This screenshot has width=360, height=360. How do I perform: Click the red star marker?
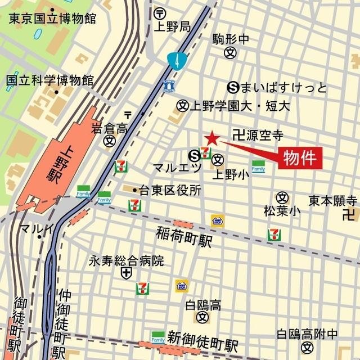point(212,138)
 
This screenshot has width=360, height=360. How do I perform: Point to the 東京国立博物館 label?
point(52,18)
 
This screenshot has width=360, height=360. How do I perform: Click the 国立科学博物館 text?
point(49,80)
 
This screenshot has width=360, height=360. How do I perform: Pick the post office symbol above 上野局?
point(160,12)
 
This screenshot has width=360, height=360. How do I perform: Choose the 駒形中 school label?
point(231,39)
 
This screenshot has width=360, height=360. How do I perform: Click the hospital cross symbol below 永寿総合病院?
point(126,273)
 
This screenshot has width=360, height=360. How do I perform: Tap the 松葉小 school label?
point(282,211)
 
